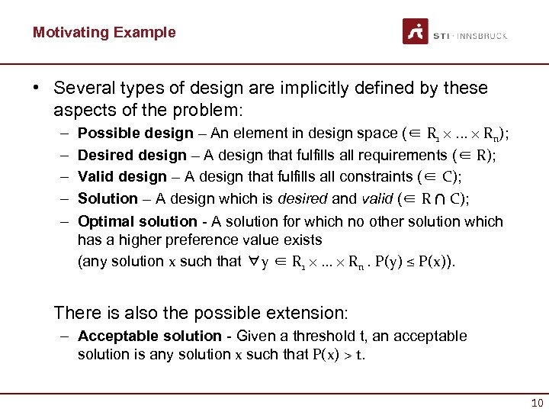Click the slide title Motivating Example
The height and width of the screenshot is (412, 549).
[104, 32]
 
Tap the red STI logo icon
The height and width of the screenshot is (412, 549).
[415, 32]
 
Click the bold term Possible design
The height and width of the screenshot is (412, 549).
[136, 134]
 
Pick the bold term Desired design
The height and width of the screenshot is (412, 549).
[132, 156]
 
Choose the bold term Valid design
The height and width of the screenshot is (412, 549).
[122, 177]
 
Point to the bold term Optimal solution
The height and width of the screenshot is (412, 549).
[137, 221]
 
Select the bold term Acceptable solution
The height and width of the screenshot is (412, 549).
[149, 336]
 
